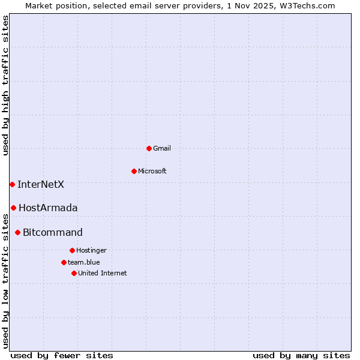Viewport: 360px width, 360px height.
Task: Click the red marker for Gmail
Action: tap(149, 148)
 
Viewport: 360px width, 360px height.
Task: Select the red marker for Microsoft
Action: tap(134, 171)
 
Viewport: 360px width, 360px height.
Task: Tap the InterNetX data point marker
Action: tap(12, 184)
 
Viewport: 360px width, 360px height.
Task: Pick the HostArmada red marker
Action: tap(13, 208)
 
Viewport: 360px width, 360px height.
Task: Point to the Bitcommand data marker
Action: tap(17, 232)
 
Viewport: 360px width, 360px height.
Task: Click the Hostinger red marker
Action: tap(72, 250)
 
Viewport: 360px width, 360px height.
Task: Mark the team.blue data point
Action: tap(64, 262)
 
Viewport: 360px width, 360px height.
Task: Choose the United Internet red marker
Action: tap(74, 273)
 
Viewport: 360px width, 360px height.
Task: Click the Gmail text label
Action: tap(162, 148)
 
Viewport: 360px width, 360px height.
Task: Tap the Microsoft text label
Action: tap(152, 171)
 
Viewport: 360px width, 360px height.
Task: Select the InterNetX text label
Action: tap(41, 184)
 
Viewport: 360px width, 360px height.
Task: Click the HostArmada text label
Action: tap(48, 208)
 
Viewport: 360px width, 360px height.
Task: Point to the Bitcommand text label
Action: tap(53, 233)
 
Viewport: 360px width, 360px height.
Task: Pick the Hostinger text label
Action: tap(91, 250)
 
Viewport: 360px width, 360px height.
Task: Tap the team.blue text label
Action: tap(84, 262)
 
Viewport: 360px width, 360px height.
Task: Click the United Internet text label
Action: tap(103, 273)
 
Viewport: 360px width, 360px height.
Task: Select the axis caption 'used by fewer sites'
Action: tap(62, 355)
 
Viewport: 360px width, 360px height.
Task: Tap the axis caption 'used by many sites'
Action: tap(301, 355)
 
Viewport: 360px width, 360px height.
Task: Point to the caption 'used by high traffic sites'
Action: tap(6, 85)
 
